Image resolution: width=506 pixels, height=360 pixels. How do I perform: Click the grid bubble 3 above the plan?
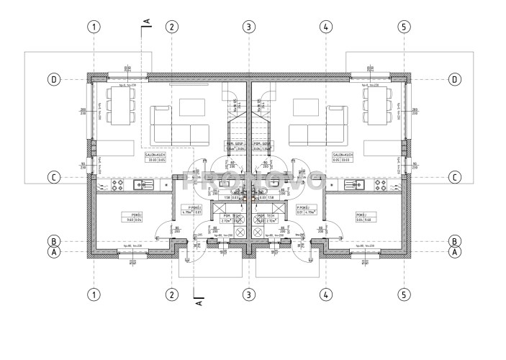click(248, 27)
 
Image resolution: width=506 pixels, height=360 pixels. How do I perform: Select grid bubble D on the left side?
click(53, 79)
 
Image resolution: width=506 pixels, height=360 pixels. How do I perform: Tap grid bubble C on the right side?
click(455, 177)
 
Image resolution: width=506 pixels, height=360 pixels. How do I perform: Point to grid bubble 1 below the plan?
click(93, 294)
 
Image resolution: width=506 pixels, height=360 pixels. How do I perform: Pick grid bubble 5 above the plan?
click(404, 27)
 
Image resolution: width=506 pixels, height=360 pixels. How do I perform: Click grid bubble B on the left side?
click(53, 240)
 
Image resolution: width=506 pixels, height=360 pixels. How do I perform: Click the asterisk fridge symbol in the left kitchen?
click(168, 185)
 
